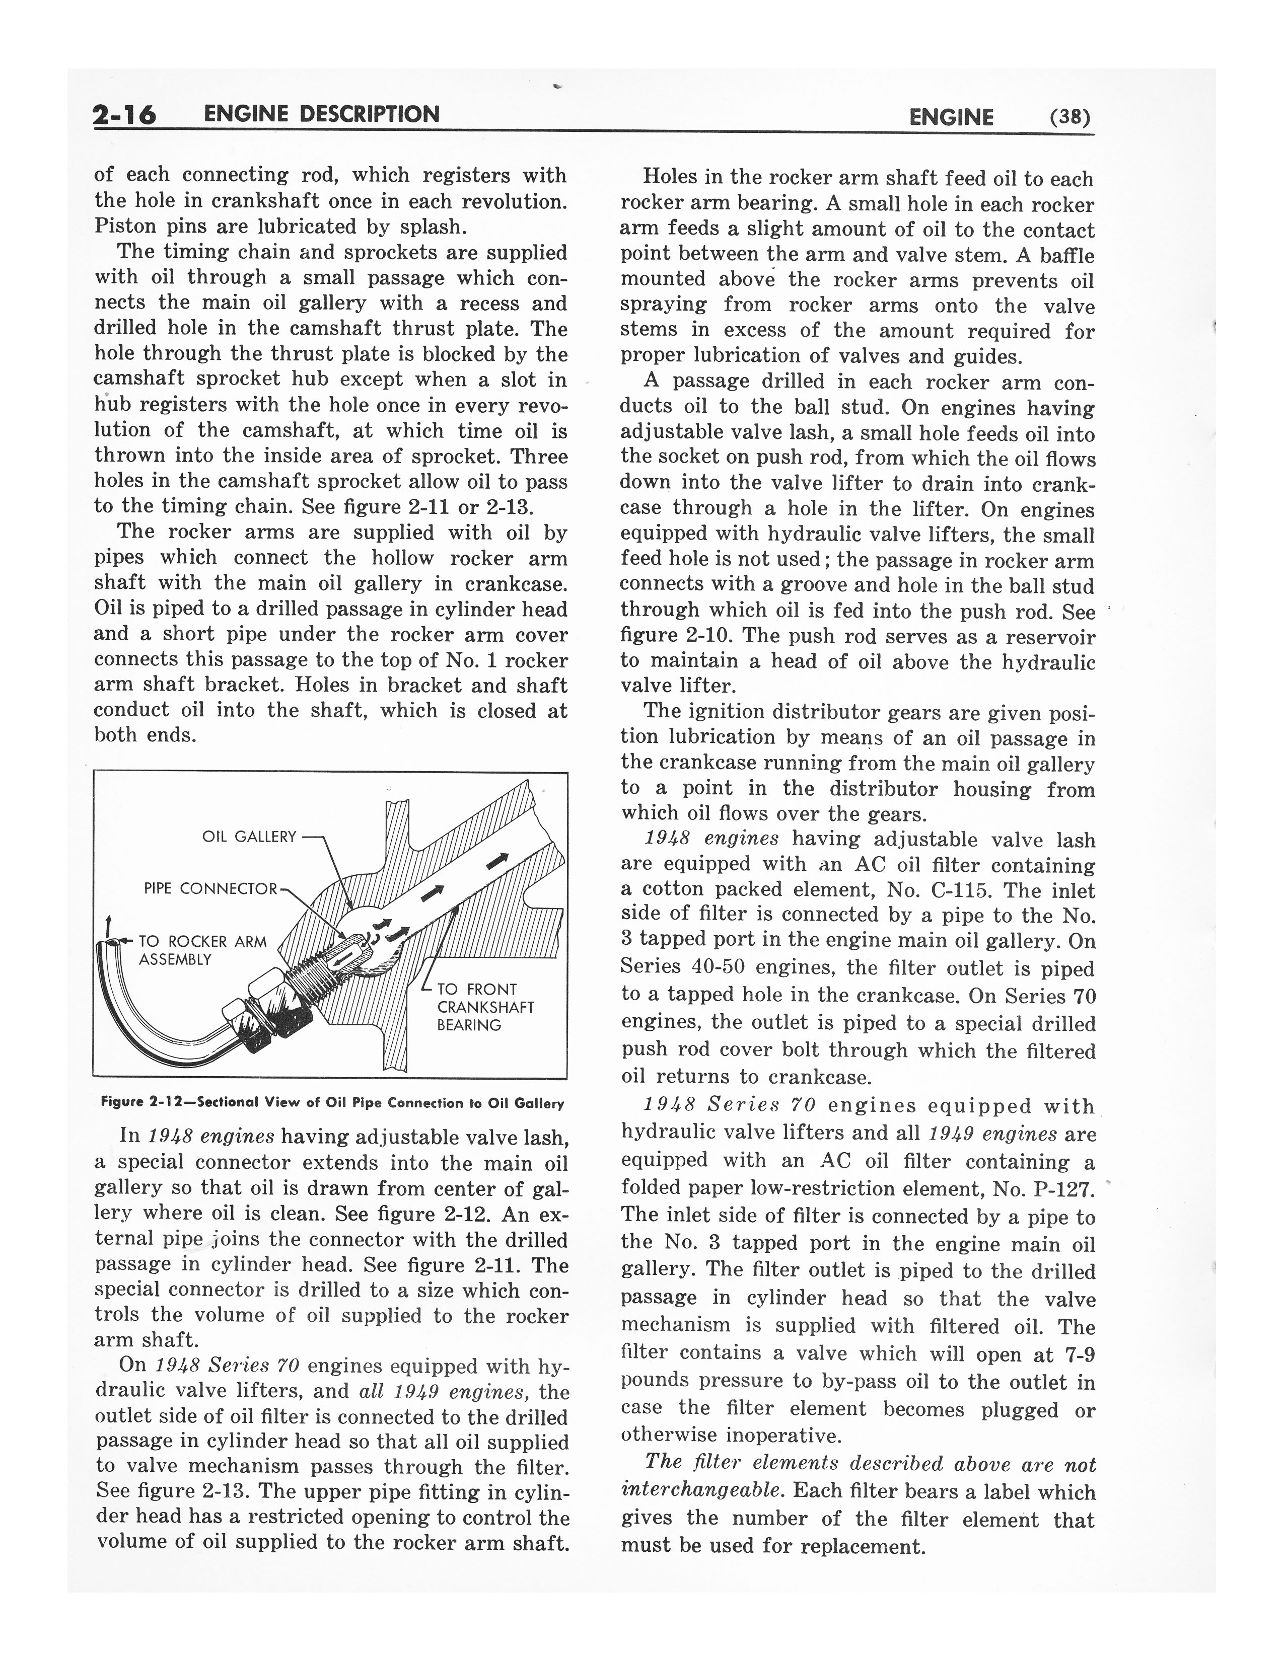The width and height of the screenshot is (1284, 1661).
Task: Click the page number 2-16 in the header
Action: pyautogui.click(x=124, y=115)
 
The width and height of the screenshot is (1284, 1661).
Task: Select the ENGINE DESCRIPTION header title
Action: pyautogui.click(x=322, y=114)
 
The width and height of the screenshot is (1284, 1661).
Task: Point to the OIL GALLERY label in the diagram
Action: pyautogui.click(x=249, y=837)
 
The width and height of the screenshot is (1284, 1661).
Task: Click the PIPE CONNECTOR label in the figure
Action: pyautogui.click(x=210, y=888)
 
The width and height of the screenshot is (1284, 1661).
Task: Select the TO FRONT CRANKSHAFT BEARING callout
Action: pyautogui.click(x=485, y=1007)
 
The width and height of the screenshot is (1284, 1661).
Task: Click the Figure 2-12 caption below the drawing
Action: pyautogui.click(x=332, y=1103)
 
